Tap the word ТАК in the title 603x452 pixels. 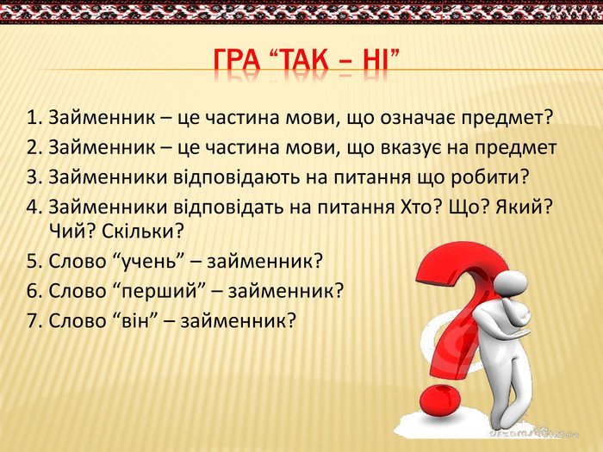pyautogui.click(x=301, y=61)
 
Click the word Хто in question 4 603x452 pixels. pyautogui.click(x=412, y=207)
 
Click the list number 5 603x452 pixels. pyautogui.click(x=33, y=262)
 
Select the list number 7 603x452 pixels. pyautogui.click(x=33, y=321)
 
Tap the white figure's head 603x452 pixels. pyautogui.click(x=510, y=284)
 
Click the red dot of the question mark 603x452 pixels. pyautogui.click(x=439, y=399)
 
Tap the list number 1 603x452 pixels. pyautogui.click(x=33, y=118)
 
